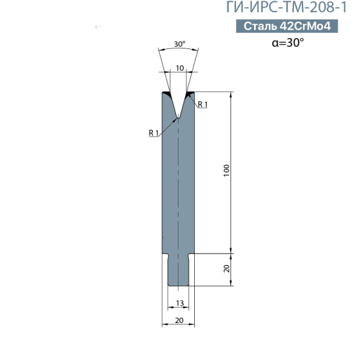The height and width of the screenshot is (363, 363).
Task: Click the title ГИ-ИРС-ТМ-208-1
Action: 286,7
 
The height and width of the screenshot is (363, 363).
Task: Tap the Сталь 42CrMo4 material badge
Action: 287,26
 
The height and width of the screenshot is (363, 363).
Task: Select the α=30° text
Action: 288,42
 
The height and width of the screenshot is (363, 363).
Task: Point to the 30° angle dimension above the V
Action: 180,44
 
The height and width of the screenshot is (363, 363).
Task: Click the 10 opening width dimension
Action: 180,68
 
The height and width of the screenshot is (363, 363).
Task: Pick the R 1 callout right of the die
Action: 203,105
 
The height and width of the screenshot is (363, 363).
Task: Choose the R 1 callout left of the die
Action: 154,133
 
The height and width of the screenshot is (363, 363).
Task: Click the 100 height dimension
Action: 227,171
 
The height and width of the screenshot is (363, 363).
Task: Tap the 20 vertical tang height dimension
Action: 227,269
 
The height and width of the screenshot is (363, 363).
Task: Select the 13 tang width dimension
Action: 180,303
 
